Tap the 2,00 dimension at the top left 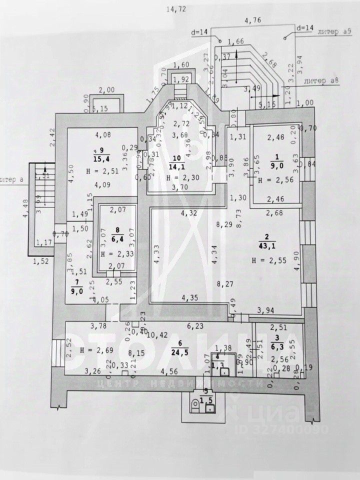pos(107,89)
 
